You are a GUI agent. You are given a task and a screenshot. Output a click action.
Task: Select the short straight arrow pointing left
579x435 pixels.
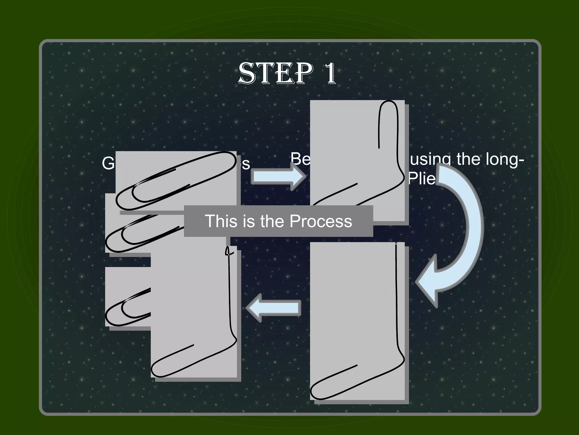point(273,308)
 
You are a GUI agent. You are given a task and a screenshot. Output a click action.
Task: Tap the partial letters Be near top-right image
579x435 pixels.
point(300,159)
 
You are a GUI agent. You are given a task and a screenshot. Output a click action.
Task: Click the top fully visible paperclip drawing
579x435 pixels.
point(175,181)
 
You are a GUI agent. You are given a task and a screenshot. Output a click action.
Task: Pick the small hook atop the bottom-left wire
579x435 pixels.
point(227,251)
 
